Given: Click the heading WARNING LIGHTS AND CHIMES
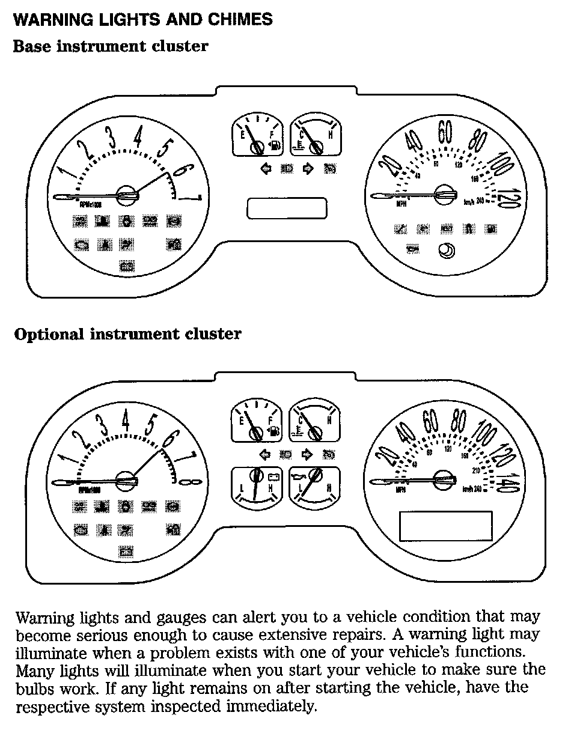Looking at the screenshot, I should [142, 19].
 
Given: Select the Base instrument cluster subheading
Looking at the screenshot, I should [111, 46].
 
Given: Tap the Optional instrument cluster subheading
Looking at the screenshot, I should [127, 334].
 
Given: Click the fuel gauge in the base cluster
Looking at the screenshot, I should [257, 136].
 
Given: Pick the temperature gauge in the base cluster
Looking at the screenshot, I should [314, 136].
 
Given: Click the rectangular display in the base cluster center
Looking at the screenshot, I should [287, 208].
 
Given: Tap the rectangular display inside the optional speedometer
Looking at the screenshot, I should [446, 526].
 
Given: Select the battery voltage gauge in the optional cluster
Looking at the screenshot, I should [257, 487].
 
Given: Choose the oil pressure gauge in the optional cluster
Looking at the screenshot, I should [314, 487].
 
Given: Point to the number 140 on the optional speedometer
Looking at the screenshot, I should [508, 481].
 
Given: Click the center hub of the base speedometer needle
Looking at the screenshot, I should [445, 193].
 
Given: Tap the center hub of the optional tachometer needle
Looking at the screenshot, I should [126, 480].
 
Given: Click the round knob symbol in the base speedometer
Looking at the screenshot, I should [447, 251].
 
